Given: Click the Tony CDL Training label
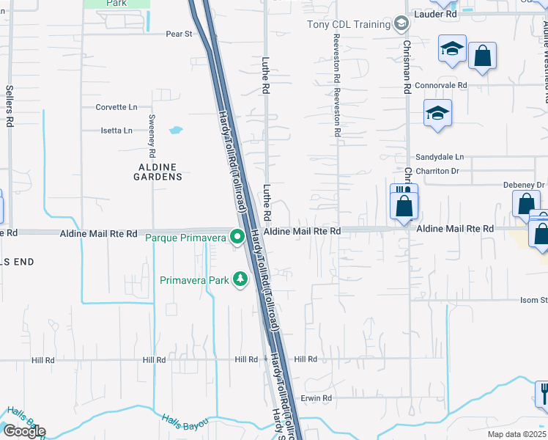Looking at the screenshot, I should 348,24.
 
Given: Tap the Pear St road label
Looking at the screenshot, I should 179,34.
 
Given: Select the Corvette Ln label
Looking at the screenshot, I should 116,107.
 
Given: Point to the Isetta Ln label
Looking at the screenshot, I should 116,131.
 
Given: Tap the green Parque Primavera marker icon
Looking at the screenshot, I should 237,237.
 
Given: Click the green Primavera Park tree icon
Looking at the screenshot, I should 240,279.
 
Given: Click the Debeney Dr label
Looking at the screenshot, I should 523,185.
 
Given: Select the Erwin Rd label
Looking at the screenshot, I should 316,398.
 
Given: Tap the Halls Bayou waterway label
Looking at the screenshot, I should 185,420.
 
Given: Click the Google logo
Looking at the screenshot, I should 23,431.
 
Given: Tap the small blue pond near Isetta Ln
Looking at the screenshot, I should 176,131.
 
